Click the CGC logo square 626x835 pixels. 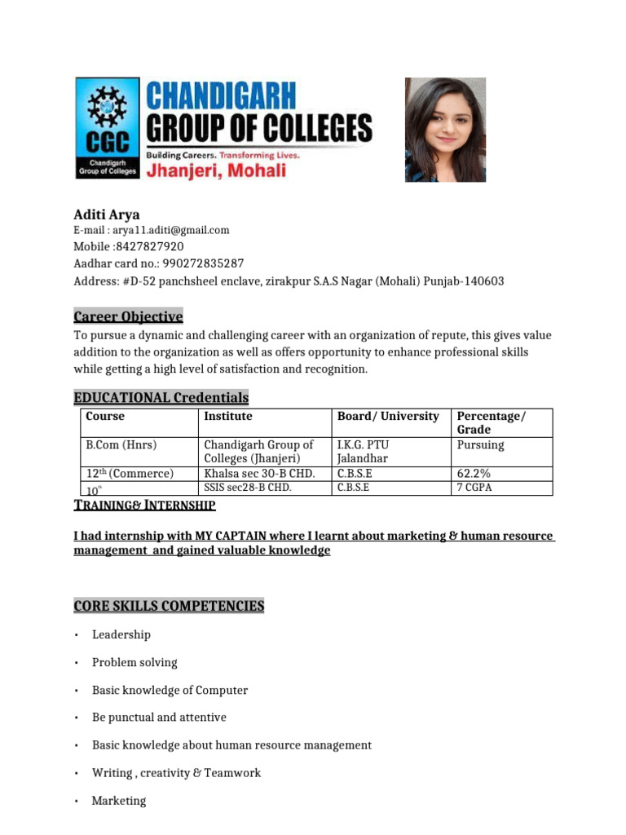click(x=108, y=129)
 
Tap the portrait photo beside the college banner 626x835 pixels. click(x=445, y=130)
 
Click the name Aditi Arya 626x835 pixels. click(x=107, y=215)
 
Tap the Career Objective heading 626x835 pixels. click(x=128, y=316)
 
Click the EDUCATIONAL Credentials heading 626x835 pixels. click(x=161, y=398)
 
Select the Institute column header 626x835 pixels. click(x=228, y=417)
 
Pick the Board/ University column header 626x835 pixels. click(x=388, y=417)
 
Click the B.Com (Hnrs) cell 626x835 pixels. click(x=121, y=445)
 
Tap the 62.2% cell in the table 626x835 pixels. click(x=474, y=473)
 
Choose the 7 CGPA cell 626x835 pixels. click(x=475, y=488)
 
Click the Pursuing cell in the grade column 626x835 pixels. click(x=481, y=445)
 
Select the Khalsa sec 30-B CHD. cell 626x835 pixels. click(x=258, y=473)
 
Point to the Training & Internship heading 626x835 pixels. click(x=144, y=506)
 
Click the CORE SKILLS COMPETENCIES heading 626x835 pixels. click(x=169, y=607)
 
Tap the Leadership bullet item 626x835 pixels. click(x=121, y=634)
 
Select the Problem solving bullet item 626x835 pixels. click(x=134, y=662)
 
